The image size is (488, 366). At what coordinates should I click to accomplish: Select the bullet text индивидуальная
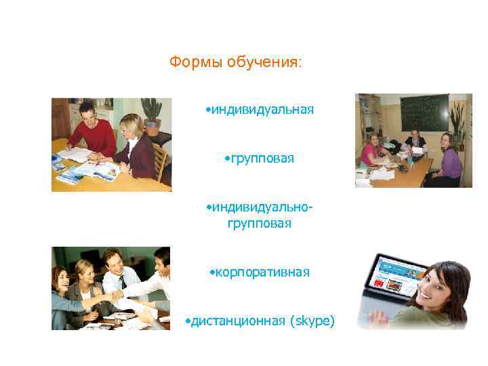[262, 110]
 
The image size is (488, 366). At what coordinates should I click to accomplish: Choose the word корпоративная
[261, 272]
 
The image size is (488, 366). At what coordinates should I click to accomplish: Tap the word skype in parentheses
[312, 321]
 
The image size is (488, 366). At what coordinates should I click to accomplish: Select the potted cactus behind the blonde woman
[151, 113]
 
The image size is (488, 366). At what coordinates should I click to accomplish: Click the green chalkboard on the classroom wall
[424, 112]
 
